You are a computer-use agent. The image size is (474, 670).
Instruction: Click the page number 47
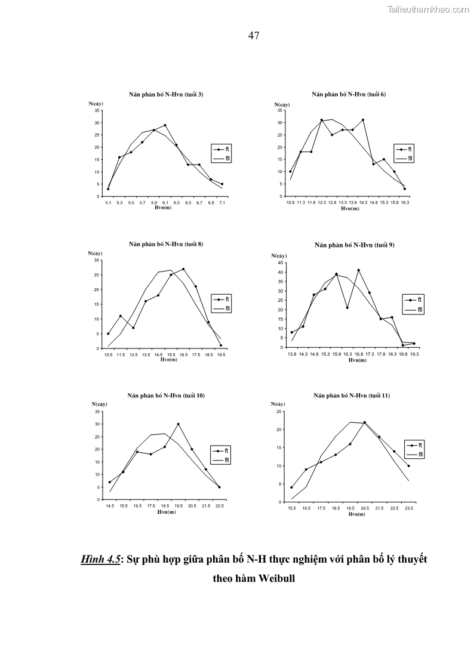(253, 36)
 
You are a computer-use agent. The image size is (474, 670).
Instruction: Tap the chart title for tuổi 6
(349, 94)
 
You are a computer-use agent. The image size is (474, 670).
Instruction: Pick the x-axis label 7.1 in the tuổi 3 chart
(222, 203)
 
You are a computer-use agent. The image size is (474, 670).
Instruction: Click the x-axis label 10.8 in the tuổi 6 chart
(290, 203)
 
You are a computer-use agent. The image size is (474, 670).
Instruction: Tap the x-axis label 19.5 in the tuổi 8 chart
(221, 355)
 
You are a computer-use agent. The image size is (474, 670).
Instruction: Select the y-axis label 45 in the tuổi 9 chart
(281, 263)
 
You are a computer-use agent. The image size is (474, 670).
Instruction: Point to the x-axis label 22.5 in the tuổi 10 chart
(219, 506)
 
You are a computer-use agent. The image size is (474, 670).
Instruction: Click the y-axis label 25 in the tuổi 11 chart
(279, 412)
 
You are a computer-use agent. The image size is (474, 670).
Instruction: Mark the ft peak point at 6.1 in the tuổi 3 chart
(165, 125)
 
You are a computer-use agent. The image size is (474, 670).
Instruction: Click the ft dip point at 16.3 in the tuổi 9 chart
(347, 308)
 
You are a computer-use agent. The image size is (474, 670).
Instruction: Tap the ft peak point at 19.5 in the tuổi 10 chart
(178, 424)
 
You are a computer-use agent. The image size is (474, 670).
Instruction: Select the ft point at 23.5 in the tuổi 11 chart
(409, 466)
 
